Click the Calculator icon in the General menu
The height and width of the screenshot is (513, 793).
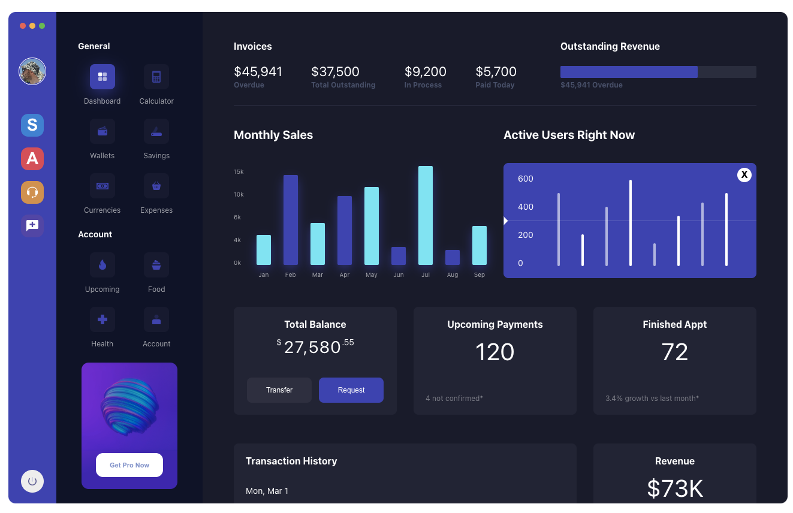tap(156, 77)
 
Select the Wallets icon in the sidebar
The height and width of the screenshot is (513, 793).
tap(102, 131)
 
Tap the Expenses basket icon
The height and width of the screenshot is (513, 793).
tap(156, 186)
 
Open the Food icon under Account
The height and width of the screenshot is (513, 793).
tap(156, 265)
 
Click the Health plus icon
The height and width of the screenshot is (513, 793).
tap(102, 319)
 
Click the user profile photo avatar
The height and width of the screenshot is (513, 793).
tap(32, 71)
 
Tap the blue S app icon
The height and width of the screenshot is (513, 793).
tap(32, 125)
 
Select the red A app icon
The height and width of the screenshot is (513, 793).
tap(32, 159)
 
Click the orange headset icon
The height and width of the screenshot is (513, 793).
tap(32, 192)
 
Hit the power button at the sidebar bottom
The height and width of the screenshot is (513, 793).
tap(32, 481)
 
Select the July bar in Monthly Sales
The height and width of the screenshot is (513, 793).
tap(426, 215)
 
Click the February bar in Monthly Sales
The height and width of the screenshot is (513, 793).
tap(291, 220)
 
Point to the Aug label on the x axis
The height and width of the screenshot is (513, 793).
tap(453, 275)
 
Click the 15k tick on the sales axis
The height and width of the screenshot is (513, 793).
tap(239, 172)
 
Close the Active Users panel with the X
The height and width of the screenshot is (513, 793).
tap(744, 174)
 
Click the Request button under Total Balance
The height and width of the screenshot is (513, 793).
tap(351, 390)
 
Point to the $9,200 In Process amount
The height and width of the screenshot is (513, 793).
tap(426, 72)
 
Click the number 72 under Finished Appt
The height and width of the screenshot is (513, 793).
tap(675, 352)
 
